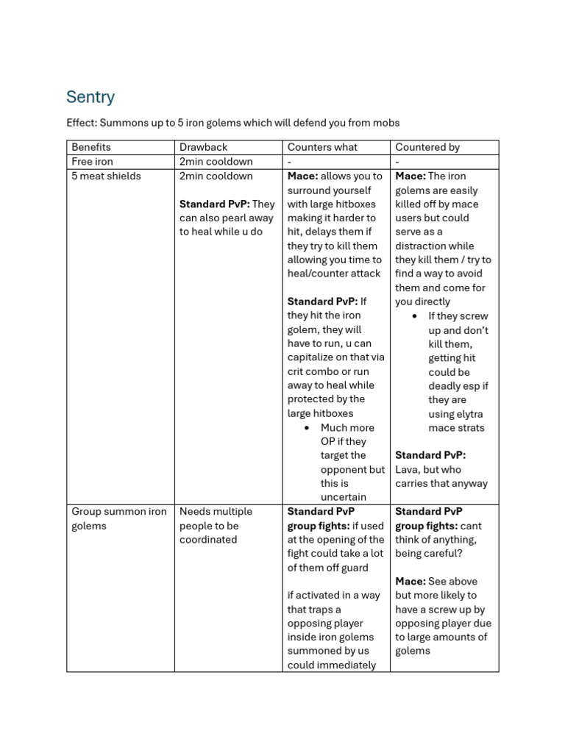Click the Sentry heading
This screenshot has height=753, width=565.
point(90,97)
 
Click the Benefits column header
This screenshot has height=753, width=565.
point(91,147)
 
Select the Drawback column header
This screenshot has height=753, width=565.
point(204,147)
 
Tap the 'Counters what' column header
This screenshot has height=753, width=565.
point(322,147)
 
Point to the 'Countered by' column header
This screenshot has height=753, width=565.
point(427,147)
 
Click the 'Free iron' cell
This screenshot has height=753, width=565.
point(93,162)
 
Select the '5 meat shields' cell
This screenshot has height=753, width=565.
point(106,176)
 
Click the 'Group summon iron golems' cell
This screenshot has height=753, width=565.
point(119,518)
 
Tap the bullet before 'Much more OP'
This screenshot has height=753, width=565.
point(306,427)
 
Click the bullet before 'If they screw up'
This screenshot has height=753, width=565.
point(414,316)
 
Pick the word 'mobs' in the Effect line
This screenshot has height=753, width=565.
point(385,123)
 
